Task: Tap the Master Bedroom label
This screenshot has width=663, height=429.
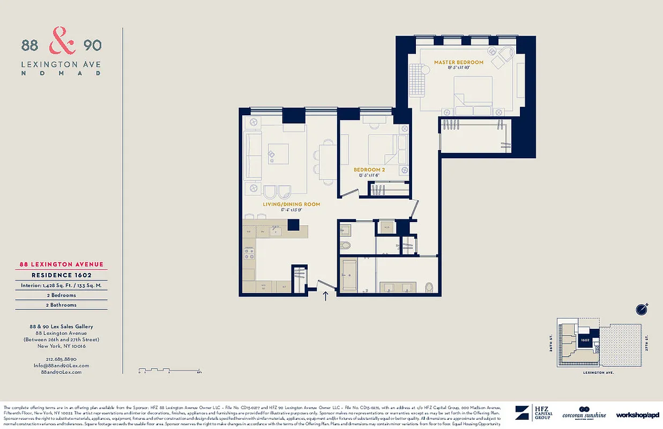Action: [x=458, y=62]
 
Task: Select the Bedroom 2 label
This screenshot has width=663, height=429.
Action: [x=369, y=170]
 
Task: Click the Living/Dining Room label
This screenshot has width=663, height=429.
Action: [x=291, y=204]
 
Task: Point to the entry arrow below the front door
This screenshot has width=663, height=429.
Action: [x=325, y=296]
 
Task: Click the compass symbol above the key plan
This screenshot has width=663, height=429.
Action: [x=642, y=309]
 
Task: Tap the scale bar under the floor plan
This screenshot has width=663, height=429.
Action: [x=169, y=370]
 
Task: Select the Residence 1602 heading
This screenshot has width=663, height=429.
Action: [x=61, y=275]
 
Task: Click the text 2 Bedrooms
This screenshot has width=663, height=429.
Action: [x=61, y=295]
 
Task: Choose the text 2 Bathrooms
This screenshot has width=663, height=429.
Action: [x=61, y=305]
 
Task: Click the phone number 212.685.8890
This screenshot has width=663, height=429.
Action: [x=61, y=359]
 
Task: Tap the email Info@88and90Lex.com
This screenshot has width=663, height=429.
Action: [x=61, y=365]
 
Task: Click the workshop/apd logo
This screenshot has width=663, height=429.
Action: [x=637, y=415]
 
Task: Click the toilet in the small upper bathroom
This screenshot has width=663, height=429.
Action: [x=346, y=246]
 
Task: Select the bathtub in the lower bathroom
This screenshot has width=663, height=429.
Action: [x=349, y=275]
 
